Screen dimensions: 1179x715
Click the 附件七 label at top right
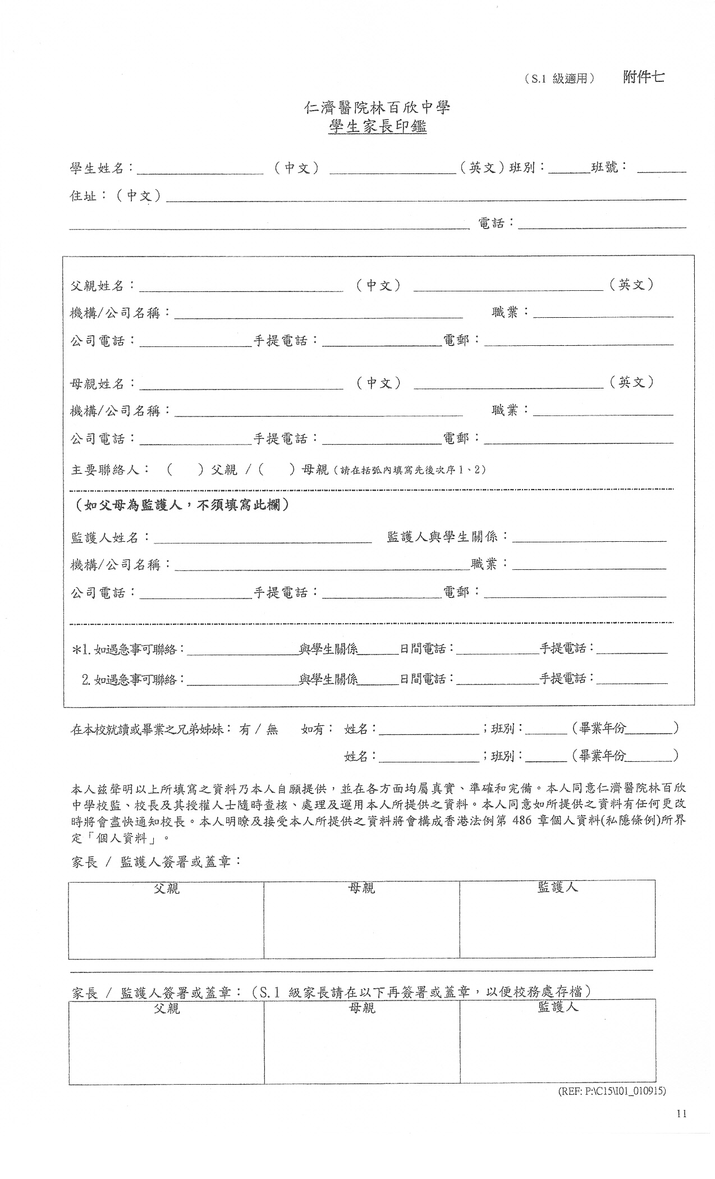[643, 77]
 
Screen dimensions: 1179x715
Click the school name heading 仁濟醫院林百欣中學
[377, 107]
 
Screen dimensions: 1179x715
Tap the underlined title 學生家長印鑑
[377, 127]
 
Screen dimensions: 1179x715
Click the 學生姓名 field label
[96, 168]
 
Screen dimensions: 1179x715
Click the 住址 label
[83, 196]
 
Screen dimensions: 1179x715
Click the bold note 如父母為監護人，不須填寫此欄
[183, 505]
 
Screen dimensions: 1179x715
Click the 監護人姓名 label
[105, 538]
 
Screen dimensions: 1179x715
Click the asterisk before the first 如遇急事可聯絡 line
[76, 650]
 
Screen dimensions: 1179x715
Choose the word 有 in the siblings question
[245, 730]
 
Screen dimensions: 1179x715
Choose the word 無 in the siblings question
[272, 730]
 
